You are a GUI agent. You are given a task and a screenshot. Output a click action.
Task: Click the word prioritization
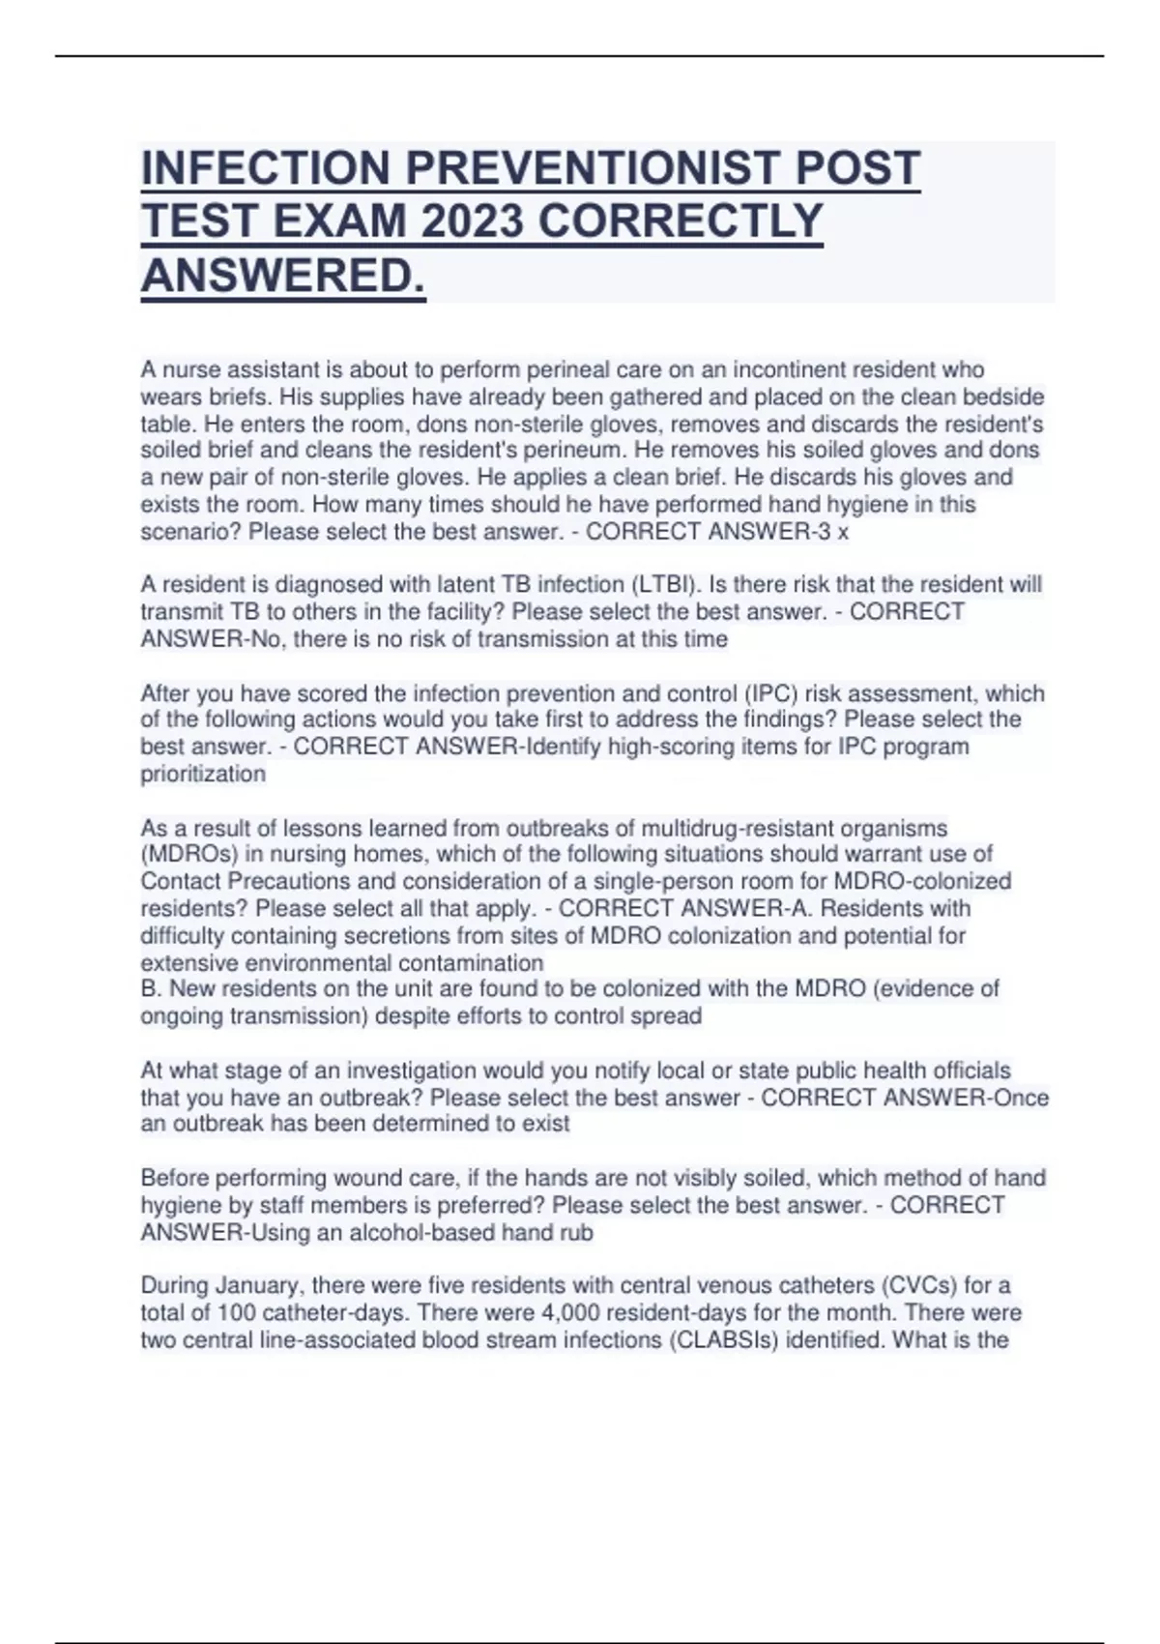[203, 775]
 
